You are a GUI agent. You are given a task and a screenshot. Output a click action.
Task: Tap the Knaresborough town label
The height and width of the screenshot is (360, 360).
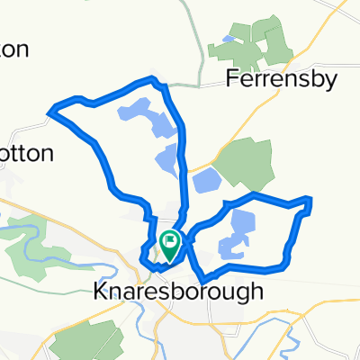coord(179,292)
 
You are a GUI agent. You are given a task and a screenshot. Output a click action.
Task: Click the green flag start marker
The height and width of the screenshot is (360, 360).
coord(169,241)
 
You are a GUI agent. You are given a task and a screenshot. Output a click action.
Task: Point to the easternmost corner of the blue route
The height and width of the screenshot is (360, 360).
coord(310,205)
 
